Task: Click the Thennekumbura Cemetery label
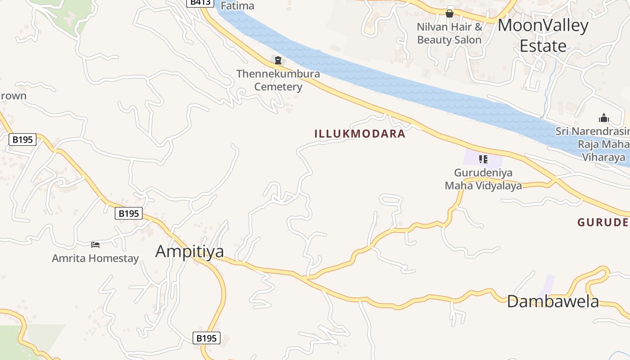click(x=278, y=80)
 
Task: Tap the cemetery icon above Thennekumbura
click(x=278, y=60)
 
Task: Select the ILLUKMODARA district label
click(x=360, y=134)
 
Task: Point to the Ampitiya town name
click(x=189, y=251)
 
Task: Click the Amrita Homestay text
click(x=95, y=258)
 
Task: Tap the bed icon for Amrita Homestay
click(x=95, y=245)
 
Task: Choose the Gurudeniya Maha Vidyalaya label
click(x=483, y=179)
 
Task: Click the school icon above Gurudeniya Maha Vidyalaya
click(x=483, y=159)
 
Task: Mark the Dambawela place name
click(x=553, y=301)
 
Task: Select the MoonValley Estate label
click(x=543, y=36)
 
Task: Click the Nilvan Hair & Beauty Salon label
click(x=449, y=33)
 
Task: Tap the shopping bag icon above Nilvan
click(x=449, y=14)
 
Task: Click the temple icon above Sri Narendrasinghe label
click(x=604, y=118)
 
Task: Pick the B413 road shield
click(x=200, y=2)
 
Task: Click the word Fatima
click(x=238, y=6)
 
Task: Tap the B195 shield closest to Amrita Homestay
click(x=129, y=213)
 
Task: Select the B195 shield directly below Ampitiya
click(x=207, y=338)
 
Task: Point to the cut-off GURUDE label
click(x=603, y=222)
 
